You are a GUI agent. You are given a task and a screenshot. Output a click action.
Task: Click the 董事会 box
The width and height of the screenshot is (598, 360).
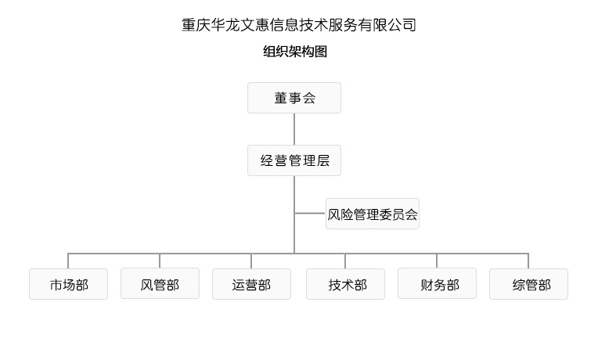tap(294, 98)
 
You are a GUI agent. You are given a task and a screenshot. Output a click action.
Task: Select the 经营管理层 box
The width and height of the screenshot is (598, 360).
tap(294, 160)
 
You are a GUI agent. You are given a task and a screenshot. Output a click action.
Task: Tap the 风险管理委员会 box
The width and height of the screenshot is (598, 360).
tap(373, 214)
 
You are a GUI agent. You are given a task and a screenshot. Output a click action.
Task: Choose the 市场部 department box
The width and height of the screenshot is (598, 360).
tap(68, 284)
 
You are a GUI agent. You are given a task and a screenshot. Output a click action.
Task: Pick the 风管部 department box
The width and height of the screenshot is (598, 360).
tap(160, 283)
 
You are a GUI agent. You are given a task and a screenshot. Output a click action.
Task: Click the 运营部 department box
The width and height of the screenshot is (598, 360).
tap(251, 284)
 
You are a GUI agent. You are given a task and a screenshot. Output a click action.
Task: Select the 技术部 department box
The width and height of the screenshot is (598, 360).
tap(345, 284)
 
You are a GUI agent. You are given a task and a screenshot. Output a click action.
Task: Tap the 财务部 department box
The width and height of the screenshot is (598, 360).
tap(437, 283)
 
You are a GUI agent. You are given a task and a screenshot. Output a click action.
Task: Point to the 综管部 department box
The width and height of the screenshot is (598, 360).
tap(528, 284)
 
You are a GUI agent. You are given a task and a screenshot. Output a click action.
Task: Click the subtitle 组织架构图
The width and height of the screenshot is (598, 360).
tap(295, 52)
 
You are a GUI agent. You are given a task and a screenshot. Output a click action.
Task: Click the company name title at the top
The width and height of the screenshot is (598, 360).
tap(298, 25)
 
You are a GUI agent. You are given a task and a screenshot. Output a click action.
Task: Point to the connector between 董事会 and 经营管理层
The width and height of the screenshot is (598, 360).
tap(294, 129)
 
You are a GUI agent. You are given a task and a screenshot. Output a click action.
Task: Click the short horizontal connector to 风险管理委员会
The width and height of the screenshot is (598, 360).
tap(310, 213)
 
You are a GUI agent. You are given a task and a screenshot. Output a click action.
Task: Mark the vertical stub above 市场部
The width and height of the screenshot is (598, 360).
tap(68, 261)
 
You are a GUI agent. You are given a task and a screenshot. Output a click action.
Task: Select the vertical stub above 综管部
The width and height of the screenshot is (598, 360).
tap(528, 261)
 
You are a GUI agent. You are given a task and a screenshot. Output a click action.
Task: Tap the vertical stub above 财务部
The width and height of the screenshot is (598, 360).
tap(437, 261)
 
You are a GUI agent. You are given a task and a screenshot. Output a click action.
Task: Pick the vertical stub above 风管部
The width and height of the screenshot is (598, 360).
tap(160, 261)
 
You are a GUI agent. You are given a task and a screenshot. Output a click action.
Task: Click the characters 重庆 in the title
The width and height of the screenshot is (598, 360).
tap(196, 25)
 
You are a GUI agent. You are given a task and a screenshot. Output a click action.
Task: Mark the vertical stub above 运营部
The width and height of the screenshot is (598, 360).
tap(251, 261)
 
